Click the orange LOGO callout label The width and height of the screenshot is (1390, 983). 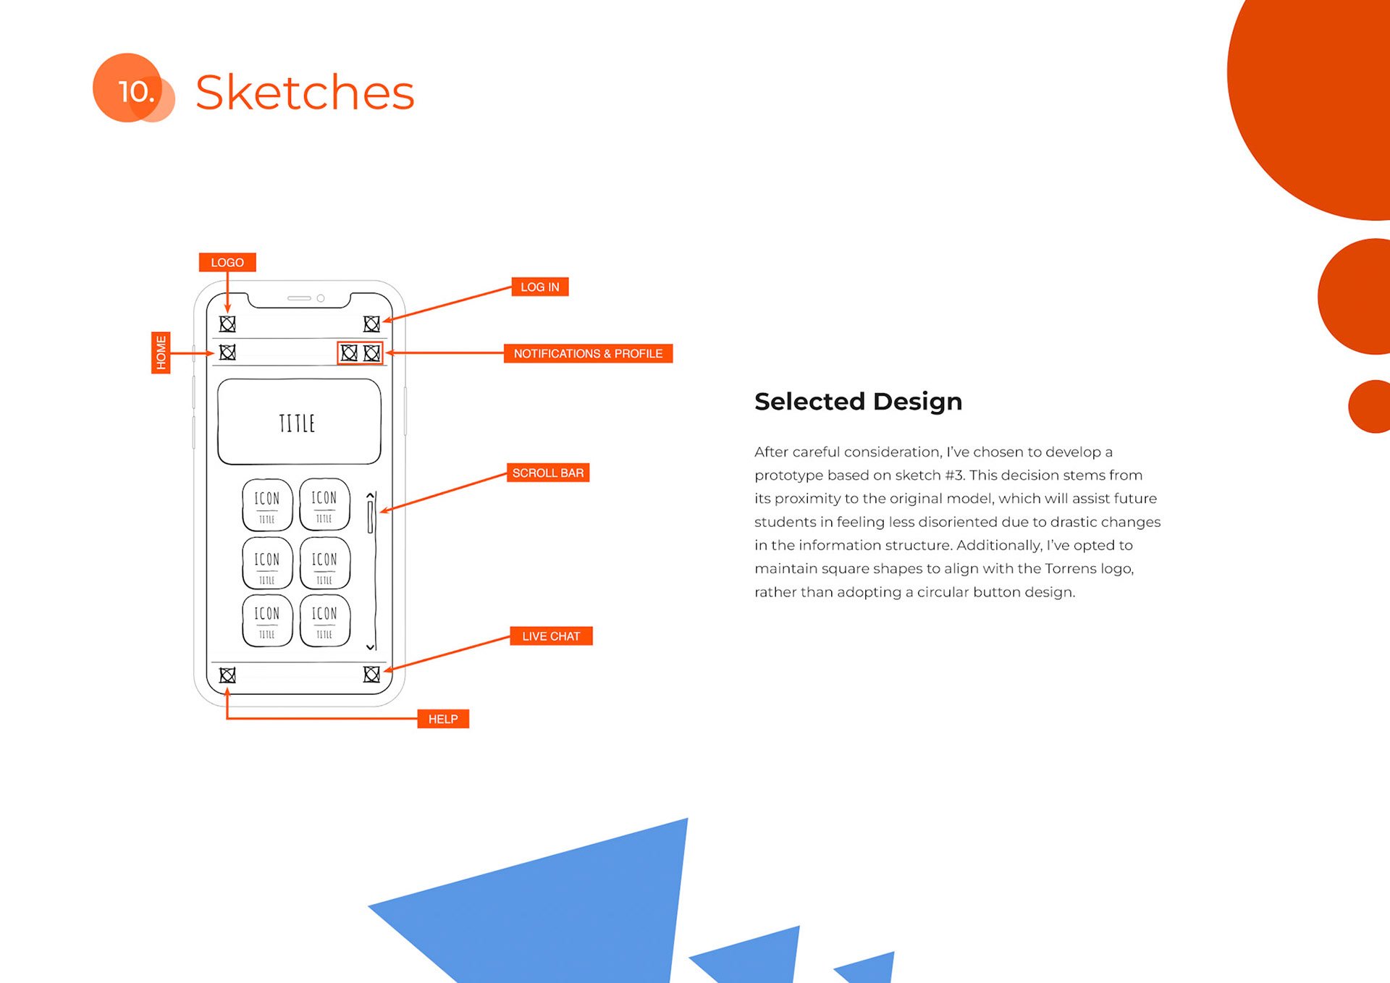click(227, 262)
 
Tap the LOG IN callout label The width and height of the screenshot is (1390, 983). click(539, 287)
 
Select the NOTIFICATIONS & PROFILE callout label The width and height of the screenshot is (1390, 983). click(588, 353)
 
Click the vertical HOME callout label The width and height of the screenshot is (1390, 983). click(161, 353)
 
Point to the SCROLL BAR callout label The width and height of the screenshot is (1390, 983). click(547, 473)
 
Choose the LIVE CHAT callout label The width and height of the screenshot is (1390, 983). click(551, 636)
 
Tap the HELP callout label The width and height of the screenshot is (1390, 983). click(443, 719)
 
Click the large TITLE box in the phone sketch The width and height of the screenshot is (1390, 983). click(299, 422)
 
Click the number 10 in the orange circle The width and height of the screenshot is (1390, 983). click(135, 92)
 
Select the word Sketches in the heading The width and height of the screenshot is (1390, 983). click(305, 93)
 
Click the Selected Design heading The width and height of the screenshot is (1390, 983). click(858, 401)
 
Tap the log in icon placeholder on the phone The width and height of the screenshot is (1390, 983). click(371, 324)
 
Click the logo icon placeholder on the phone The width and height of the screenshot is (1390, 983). click(227, 324)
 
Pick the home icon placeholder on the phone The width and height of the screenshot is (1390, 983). click(227, 353)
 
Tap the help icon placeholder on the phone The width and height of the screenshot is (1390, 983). click(227, 675)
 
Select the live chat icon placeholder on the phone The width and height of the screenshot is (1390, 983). click(371, 675)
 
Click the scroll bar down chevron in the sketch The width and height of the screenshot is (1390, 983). click(370, 647)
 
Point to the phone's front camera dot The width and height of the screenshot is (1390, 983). click(321, 298)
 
